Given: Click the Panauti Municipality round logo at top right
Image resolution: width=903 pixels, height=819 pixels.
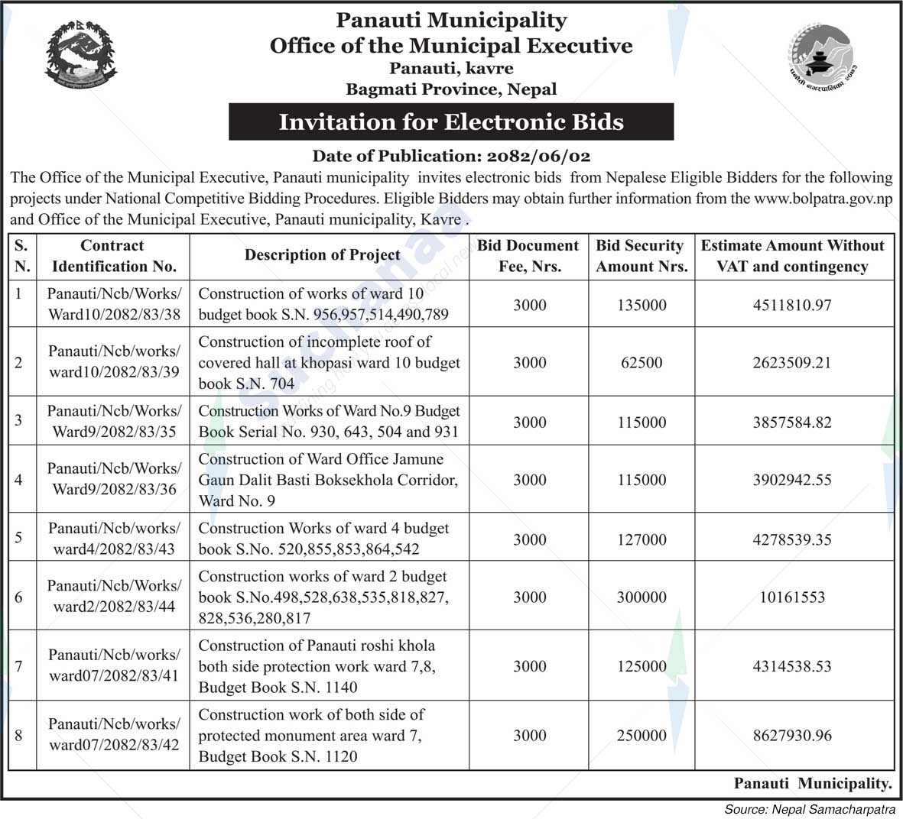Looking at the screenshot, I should (x=820, y=54).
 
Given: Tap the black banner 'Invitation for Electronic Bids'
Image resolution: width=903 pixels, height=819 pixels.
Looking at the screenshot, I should (x=451, y=122).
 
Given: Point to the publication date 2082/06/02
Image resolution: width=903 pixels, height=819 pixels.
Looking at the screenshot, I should (x=538, y=157).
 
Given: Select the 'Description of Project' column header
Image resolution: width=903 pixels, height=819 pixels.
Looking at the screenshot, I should (x=322, y=255).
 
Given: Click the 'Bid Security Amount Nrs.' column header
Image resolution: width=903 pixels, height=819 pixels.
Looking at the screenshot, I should (x=642, y=256).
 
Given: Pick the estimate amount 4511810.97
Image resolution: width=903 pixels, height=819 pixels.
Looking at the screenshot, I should (x=792, y=305).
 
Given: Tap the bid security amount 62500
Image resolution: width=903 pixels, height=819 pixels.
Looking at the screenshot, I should (x=642, y=362).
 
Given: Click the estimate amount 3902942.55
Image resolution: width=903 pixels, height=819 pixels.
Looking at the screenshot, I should (x=792, y=480).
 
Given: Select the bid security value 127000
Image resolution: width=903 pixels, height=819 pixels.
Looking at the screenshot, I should (x=642, y=539).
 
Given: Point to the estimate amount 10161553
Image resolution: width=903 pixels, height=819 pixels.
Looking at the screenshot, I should (x=792, y=597).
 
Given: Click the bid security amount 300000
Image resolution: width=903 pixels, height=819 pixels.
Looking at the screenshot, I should (x=642, y=597).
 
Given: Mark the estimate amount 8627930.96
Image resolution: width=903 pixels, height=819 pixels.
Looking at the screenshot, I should (x=792, y=736).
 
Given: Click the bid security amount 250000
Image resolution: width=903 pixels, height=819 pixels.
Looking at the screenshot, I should (x=642, y=736).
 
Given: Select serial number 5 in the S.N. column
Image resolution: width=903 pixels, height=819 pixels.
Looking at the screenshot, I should (x=19, y=537).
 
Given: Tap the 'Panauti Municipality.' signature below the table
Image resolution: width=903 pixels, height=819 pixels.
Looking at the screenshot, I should (x=813, y=783).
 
